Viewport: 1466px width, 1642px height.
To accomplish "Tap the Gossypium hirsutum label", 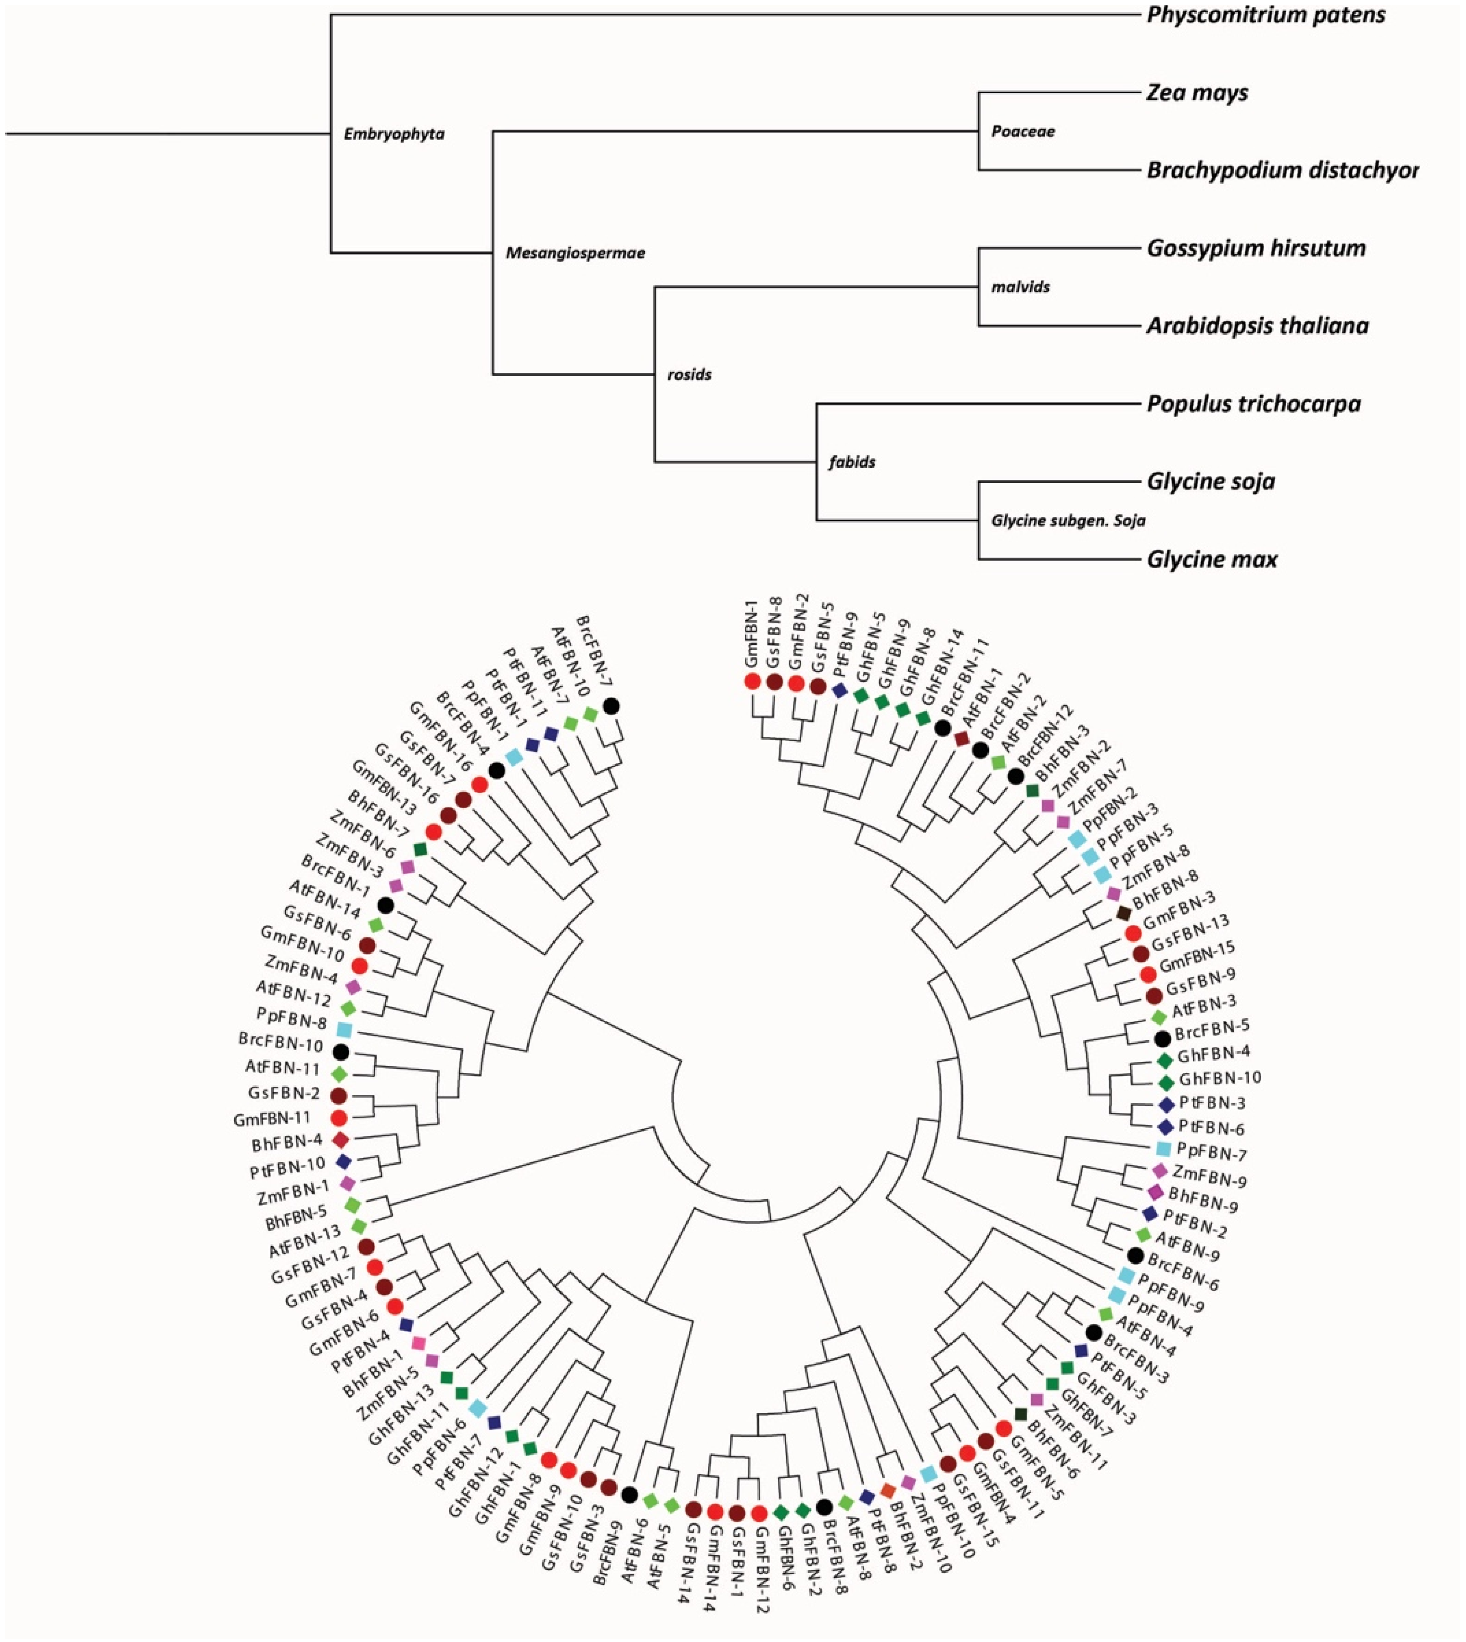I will pyautogui.click(x=1256, y=248).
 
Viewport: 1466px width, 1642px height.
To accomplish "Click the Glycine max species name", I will pyautogui.click(x=1211, y=559).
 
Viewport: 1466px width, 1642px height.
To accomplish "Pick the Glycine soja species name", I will pyautogui.click(x=1211, y=482).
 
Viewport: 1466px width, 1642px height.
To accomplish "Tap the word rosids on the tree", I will pyautogui.click(x=689, y=375).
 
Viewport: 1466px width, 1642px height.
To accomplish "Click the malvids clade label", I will pyautogui.click(x=1021, y=287).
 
